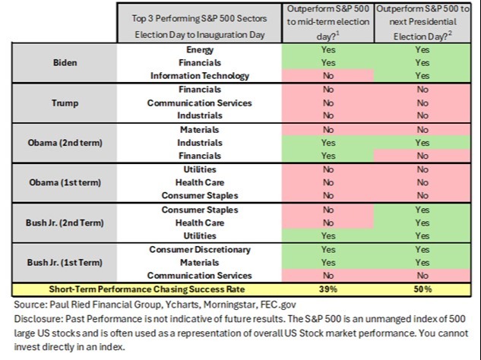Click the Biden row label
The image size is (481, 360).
65,62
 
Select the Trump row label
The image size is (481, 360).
65,103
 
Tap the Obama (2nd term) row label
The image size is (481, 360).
65,143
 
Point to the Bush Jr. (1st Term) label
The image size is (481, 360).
65,263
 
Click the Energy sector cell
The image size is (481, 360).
200,49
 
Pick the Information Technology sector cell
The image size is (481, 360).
200,76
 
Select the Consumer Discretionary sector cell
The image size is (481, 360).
200,249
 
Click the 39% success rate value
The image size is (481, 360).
328,289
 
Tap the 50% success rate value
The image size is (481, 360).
422,289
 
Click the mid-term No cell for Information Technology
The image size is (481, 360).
328,76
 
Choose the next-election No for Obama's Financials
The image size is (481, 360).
422,156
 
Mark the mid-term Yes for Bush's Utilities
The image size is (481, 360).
328,235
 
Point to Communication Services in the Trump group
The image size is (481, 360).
200,103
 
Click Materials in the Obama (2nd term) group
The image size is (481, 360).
200,130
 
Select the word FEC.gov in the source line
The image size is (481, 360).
278,305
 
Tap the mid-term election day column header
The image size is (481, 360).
328,23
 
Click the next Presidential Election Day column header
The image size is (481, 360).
422,23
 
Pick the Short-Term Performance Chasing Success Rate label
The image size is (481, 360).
147,289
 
